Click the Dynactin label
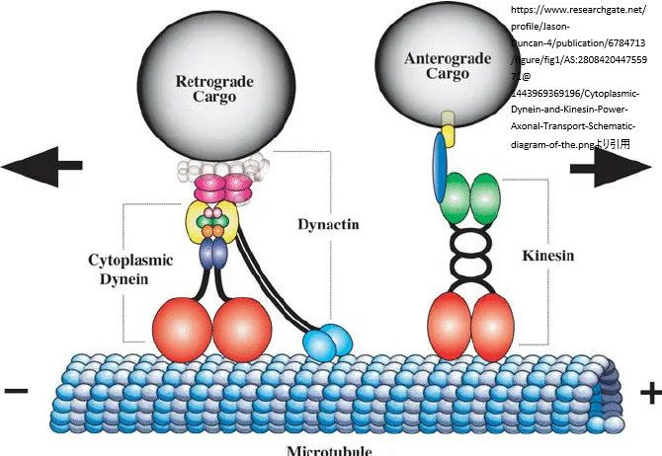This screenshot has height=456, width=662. coord(327,224)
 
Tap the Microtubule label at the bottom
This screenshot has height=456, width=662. coord(329,450)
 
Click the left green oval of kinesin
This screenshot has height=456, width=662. coord(455,197)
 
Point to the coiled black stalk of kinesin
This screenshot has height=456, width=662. coord(470,256)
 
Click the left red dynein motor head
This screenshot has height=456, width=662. coord(182,326)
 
